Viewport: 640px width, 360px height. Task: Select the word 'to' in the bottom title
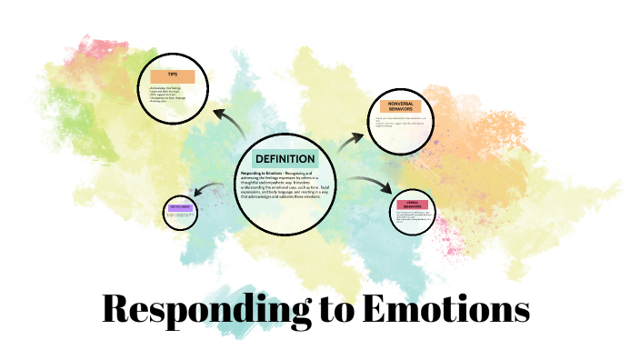(x=335, y=310)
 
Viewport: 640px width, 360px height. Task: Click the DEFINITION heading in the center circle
(x=285, y=159)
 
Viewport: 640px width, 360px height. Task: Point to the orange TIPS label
(x=173, y=75)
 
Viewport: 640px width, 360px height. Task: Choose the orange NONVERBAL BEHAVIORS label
(x=401, y=105)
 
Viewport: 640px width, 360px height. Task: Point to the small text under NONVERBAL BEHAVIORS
(x=400, y=123)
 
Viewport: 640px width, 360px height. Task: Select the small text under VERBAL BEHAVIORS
(x=414, y=221)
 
